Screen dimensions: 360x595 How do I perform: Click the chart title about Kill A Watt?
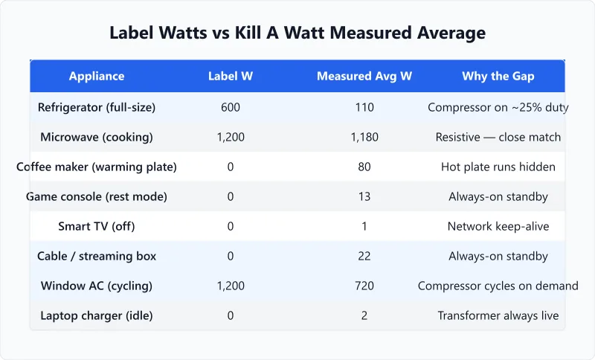click(297, 33)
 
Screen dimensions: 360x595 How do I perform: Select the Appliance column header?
click(97, 76)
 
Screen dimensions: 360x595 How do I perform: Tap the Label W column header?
click(231, 76)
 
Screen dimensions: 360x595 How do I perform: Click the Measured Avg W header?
click(364, 76)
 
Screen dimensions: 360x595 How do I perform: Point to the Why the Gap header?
click(498, 76)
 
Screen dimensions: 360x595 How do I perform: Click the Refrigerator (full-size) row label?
click(97, 107)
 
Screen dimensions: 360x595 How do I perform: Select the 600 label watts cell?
click(231, 107)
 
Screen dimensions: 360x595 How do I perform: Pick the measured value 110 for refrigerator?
click(364, 107)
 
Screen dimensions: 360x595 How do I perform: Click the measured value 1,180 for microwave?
click(364, 137)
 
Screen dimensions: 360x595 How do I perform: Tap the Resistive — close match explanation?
click(498, 137)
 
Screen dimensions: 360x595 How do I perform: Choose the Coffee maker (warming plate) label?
click(97, 167)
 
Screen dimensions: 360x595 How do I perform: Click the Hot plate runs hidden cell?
click(498, 167)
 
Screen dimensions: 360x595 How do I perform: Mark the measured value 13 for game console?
click(364, 196)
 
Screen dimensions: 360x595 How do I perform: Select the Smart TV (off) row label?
click(97, 226)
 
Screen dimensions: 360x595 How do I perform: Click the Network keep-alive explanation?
click(498, 226)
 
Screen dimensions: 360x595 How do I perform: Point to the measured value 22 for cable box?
click(364, 256)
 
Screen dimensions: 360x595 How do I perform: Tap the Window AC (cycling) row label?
click(97, 286)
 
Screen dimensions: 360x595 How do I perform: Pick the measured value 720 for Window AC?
click(364, 286)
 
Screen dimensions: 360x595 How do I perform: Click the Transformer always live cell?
click(498, 315)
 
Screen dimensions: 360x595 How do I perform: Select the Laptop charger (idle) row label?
click(97, 315)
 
